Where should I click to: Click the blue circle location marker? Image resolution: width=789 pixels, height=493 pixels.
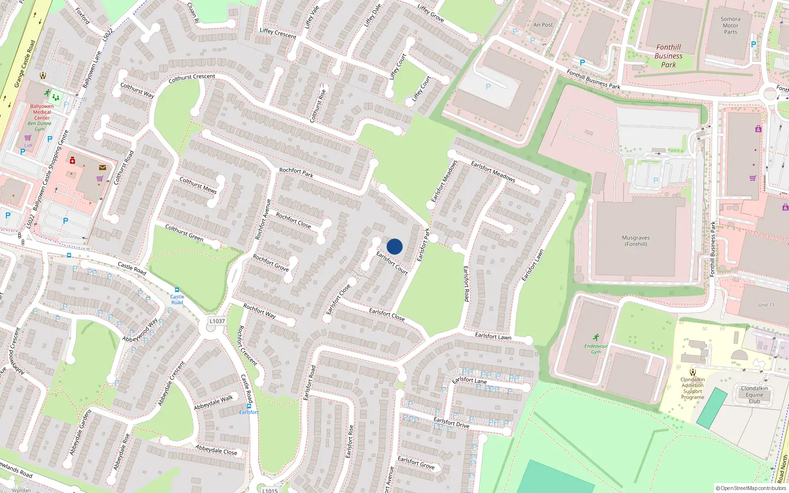point(394,246)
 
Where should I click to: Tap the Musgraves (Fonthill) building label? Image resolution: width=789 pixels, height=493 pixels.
point(636,241)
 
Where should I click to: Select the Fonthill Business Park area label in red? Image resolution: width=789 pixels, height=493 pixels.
point(668,56)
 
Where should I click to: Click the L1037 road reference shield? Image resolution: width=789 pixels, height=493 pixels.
point(217,321)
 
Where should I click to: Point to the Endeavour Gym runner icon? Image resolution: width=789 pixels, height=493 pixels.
point(596,337)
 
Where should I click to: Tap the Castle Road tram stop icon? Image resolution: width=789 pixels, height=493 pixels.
point(177,290)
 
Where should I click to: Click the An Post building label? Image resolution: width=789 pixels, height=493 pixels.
point(543,25)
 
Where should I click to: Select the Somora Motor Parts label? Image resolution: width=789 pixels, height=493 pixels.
point(730,26)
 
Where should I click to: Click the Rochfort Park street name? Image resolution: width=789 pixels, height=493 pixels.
point(296,172)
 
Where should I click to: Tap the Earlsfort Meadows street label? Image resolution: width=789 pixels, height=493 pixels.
point(493,171)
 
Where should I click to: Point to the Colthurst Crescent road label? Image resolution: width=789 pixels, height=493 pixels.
point(192,77)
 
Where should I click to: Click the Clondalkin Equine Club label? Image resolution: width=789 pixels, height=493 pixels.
point(754,394)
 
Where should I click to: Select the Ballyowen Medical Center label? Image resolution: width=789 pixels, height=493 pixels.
point(42,112)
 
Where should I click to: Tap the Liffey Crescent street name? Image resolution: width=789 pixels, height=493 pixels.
point(278,33)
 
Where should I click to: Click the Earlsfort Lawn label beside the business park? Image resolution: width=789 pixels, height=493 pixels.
point(533,265)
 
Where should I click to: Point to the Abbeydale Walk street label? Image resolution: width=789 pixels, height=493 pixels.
point(214,403)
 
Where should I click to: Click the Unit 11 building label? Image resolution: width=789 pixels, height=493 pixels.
point(766,305)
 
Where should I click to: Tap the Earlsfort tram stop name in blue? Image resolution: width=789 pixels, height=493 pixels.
point(249,412)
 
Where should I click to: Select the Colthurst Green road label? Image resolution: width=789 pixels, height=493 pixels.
point(184,232)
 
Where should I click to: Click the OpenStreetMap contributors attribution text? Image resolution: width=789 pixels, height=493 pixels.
point(751,488)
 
